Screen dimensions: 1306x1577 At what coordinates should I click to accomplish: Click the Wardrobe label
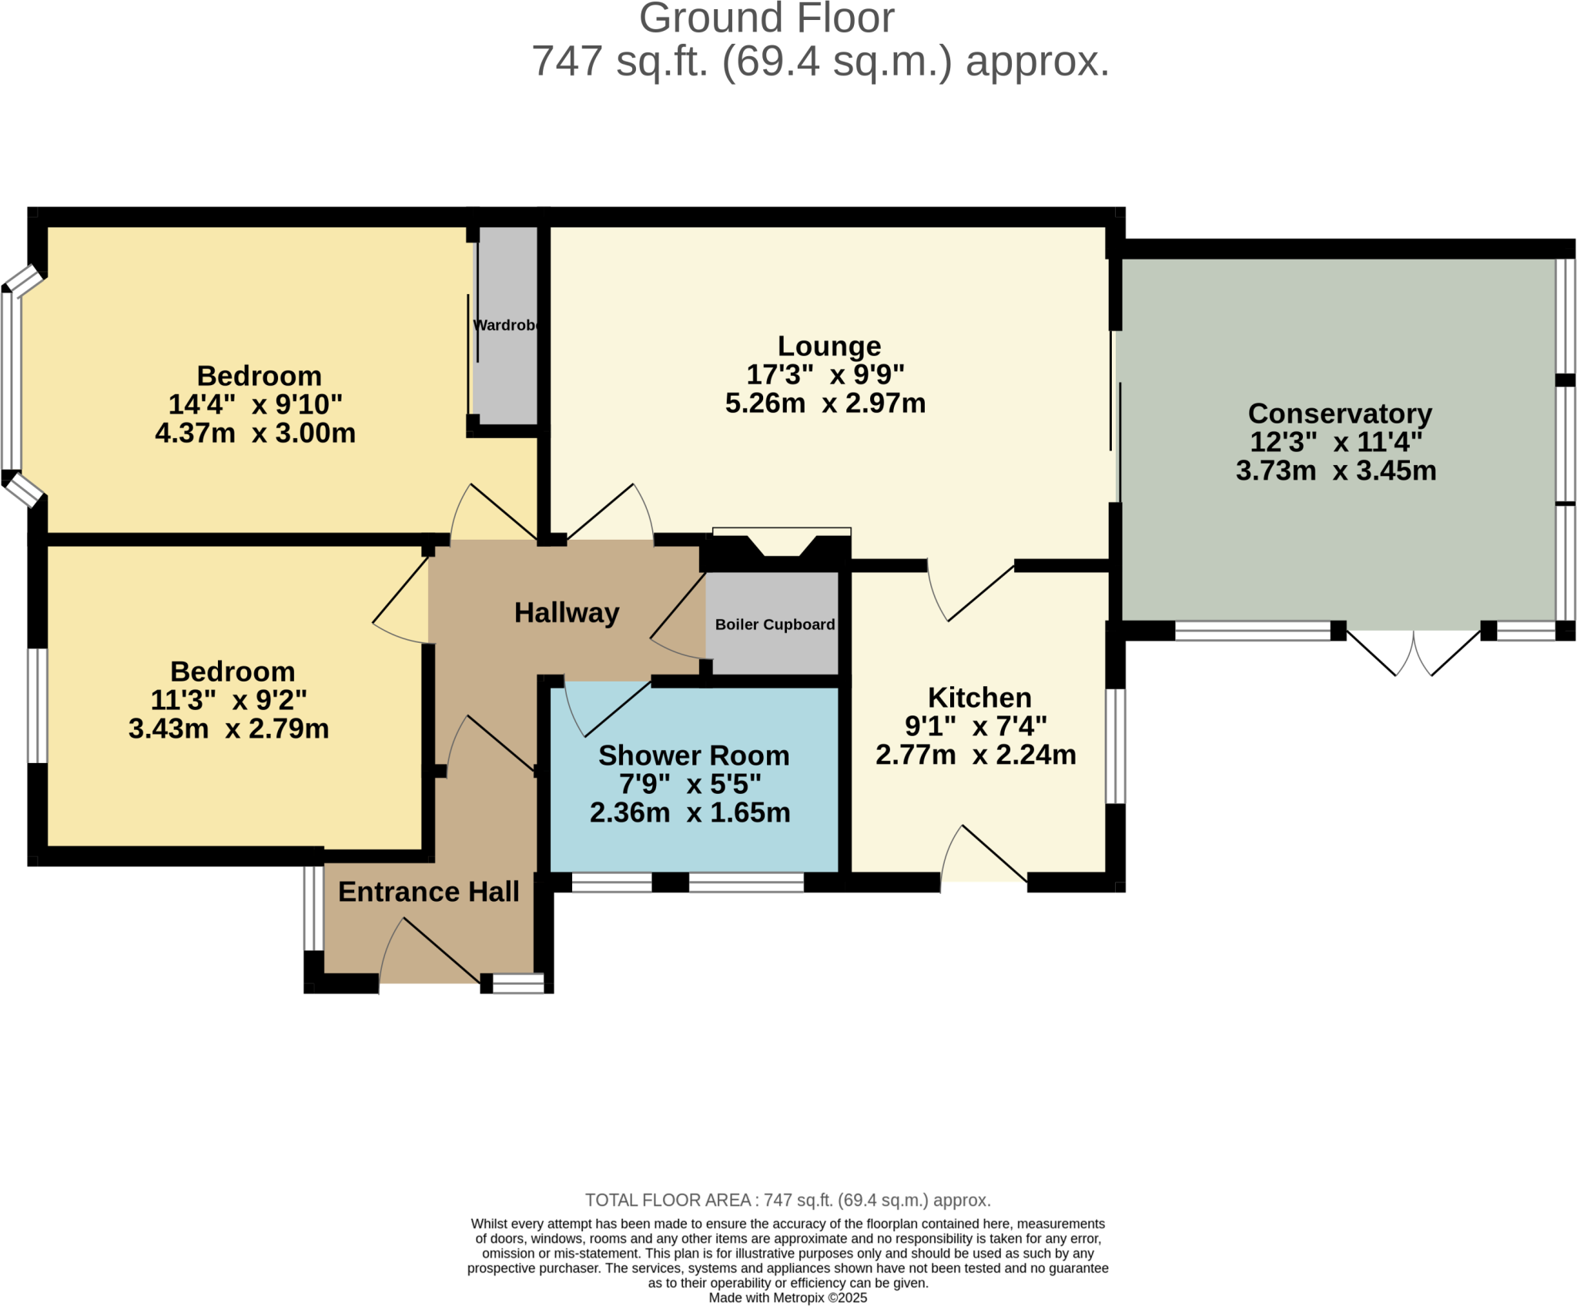coord(504,325)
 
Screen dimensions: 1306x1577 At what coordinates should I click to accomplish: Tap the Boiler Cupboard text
coord(775,625)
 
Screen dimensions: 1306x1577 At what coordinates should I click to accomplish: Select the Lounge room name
coord(829,347)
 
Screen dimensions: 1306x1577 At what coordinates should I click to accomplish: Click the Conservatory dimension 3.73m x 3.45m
coord(1336,470)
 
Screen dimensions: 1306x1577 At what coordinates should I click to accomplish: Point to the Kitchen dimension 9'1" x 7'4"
coord(976,725)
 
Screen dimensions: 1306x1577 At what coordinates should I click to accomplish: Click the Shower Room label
coord(694,755)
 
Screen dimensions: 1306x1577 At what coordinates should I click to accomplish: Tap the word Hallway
coord(567,613)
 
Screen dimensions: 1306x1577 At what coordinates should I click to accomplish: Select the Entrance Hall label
coord(429,892)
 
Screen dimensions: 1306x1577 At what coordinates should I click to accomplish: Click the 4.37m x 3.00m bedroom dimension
coord(255,433)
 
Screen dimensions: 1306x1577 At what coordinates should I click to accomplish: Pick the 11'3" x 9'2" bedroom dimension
coord(229,700)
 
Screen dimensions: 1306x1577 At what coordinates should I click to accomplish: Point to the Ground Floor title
coord(766,18)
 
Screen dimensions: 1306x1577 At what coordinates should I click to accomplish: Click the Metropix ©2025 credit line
coord(788,1298)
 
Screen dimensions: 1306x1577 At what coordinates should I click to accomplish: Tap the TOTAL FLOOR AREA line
coord(788,1200)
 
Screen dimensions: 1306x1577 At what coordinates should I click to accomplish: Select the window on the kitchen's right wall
coord(1116,746)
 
